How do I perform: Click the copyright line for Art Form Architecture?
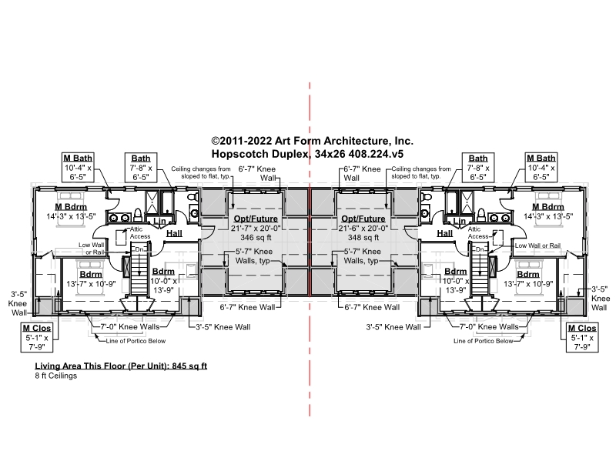(x=312, y=141)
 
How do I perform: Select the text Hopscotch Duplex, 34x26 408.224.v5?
(x=307, y=153)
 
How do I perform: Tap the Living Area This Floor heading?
(x=121, y=366)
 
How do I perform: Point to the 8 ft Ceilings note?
(x=55, y=376)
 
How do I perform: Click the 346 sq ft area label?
(x=256, y=238)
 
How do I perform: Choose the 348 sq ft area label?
(x=363, y=238)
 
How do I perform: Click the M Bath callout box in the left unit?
(x=78, y=167)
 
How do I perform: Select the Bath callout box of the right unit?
(x=478, y=167)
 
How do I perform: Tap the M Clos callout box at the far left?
(x=36, y=337)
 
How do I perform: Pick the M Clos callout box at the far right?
(x=582, y=337)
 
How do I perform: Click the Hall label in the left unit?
(x=175, y=233)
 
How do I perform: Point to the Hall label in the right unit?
(x=445, y=233)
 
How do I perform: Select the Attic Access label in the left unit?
(x=140, y=232)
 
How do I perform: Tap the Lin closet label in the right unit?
(x=459, y=221)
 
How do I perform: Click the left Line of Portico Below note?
(x=136, y=341)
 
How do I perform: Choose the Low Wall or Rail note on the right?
(x=537, y=246)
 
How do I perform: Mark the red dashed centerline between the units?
(x=310, y=249)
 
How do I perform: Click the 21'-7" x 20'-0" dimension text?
(x=256, y=228)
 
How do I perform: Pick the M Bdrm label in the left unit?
(x=71, y=207)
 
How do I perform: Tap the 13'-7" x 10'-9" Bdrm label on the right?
(x=528, y=284)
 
